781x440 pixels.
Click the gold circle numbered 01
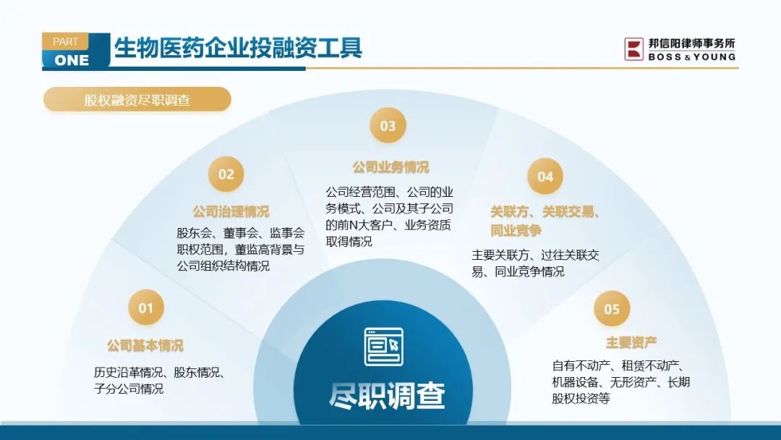[146, 308]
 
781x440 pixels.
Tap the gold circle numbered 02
[226, 174]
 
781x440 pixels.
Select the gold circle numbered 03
[388, 126]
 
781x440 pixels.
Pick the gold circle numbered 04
[545, 177]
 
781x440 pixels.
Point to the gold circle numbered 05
[613, 309]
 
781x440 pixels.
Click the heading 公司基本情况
[145, 345]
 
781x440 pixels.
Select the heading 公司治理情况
[231, 212]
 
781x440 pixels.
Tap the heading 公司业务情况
[391, 167]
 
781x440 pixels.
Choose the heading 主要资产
[631, 343]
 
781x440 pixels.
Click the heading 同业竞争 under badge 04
[516, 231]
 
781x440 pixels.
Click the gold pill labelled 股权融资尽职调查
[137, 100]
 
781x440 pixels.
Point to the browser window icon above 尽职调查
[383, 347]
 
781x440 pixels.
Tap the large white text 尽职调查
[387, 396]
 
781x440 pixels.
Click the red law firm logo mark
[634, 49]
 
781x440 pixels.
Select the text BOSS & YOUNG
[692, 56]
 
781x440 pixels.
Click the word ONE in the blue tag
[72, 60]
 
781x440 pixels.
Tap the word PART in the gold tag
[65, 41]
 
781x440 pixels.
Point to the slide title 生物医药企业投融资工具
[238, 48]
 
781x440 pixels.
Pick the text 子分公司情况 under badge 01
[129, 389]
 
